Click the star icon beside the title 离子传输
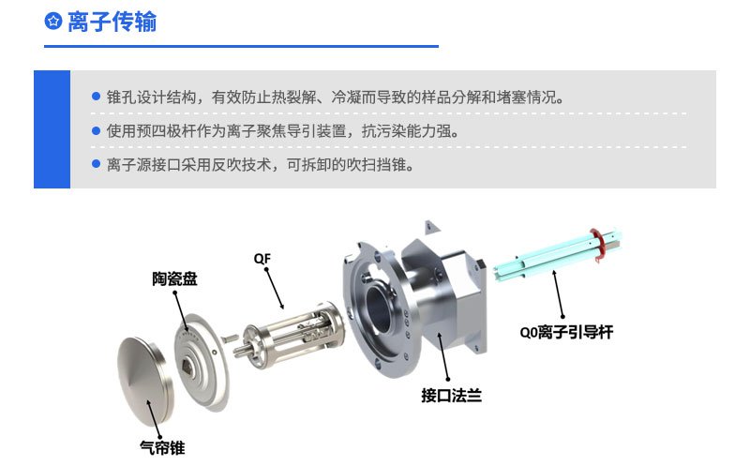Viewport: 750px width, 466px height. tap(53, 22)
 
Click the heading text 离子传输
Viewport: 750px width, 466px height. tap(112, 22)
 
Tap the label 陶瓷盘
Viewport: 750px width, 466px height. tap(174, 278)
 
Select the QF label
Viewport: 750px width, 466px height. tap(262, 259)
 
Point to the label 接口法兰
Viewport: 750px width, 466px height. tap(451, 396)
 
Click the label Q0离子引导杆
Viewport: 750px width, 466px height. tap(566, 332)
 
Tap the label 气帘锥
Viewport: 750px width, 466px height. tap(162, 448)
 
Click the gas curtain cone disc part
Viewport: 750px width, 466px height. tap(145, 381)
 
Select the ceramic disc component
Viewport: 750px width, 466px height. tap(202, 361)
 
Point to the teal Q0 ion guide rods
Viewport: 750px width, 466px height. tap(557, 256)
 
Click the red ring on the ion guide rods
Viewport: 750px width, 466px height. tap(597, 245)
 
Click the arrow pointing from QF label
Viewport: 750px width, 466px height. tap(275, 289)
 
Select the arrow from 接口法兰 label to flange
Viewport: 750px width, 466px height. tap(444, 356)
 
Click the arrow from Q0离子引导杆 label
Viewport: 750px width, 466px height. tap(559, 294)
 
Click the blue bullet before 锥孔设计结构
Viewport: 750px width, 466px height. tap(96, 97)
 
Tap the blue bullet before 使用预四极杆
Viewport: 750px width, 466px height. tap(96, 130)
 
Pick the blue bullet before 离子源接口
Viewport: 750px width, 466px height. tap(96, 164)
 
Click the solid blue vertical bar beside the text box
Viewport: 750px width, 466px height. tap(52, 129)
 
